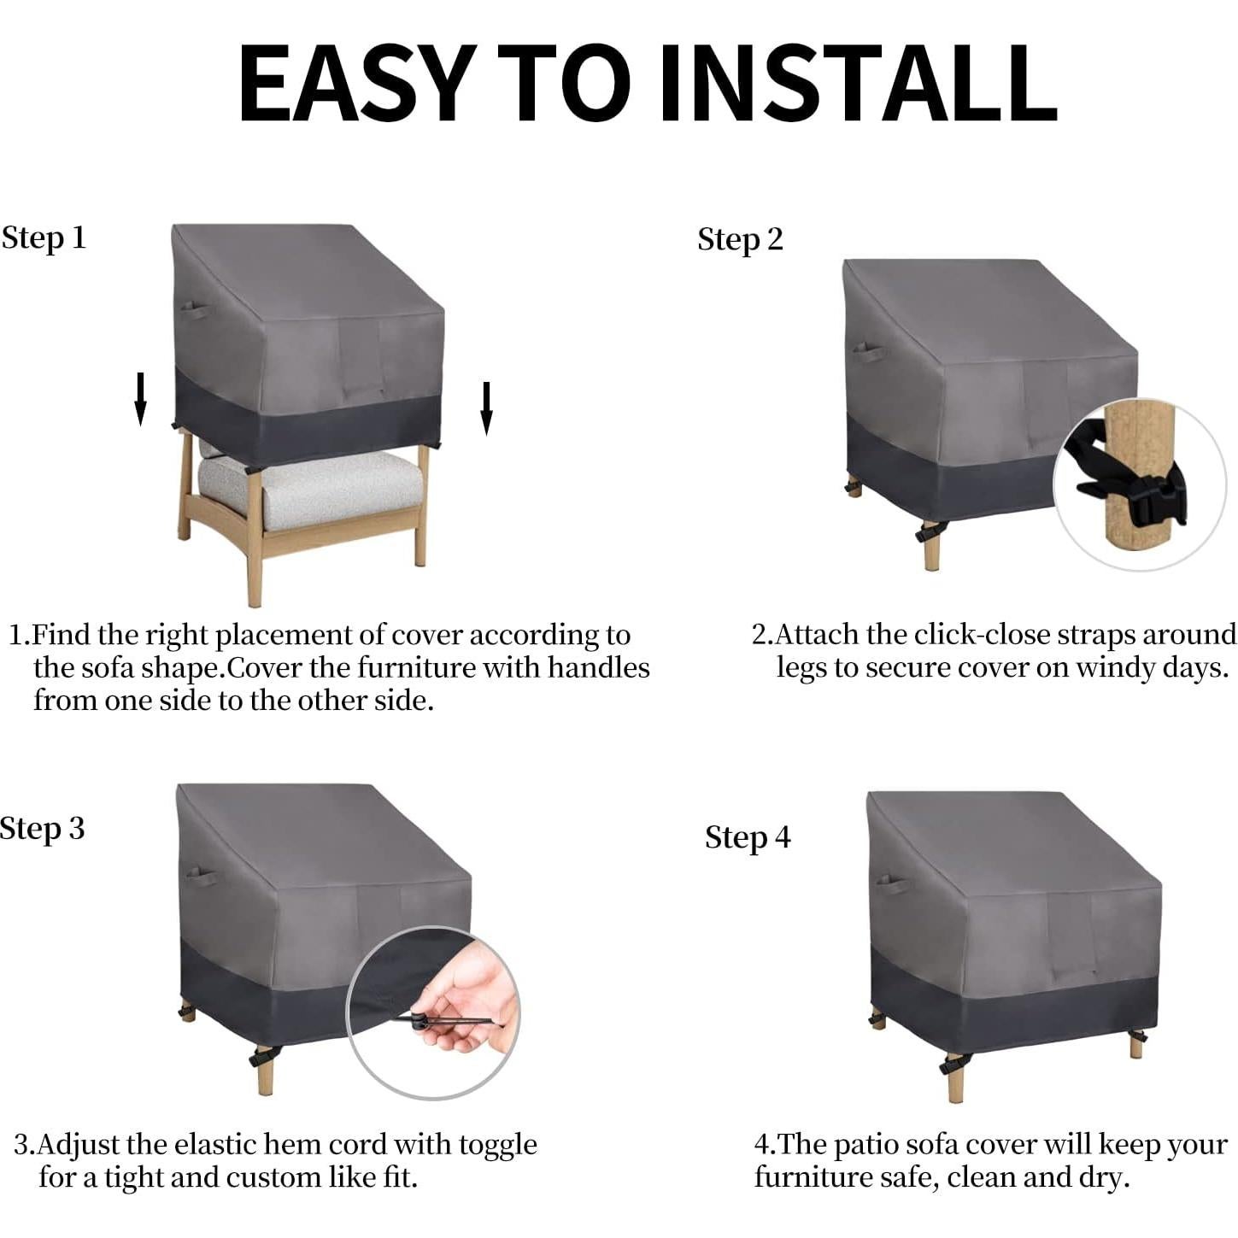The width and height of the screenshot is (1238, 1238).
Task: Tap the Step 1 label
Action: [44, 238]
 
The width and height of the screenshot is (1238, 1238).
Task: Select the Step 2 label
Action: [740, 239]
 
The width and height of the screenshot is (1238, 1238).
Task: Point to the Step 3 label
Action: [42, 829]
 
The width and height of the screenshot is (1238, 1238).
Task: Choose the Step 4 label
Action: [748, 837]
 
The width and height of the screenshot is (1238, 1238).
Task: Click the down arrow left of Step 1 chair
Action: [141, 398]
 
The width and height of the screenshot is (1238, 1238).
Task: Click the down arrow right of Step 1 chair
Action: [486, 408]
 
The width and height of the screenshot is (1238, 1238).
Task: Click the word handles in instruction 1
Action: [599, 667]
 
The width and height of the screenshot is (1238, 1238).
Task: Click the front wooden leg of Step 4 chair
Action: [955, 1081]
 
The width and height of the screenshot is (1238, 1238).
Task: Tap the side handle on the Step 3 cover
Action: [198, 877]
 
